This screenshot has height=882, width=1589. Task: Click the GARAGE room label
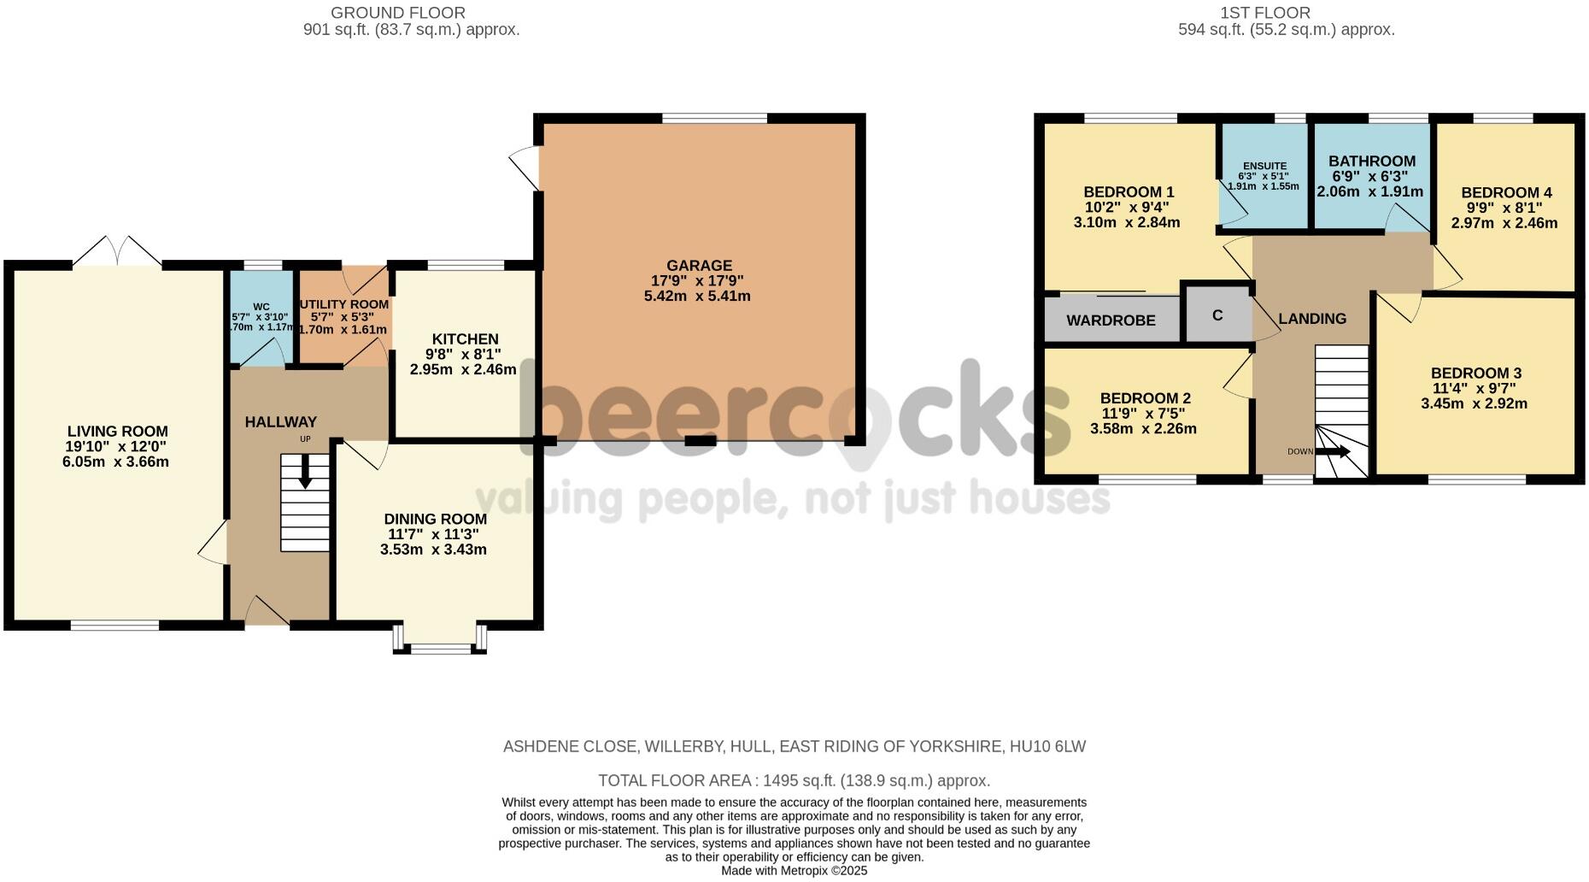point(699,266)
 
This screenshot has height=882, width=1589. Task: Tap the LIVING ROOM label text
point(118,432)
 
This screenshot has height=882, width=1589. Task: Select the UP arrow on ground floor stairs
point(305,473)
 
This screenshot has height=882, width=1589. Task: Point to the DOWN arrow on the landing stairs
point(1332,451)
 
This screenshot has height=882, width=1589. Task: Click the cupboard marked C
point(1217,315)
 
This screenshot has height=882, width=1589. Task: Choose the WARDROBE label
point(1111,320)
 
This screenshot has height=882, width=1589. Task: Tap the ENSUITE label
point(1264,166)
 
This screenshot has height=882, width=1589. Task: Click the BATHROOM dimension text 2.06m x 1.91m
point(1369,191)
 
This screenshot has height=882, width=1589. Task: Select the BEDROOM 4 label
point(1506,193)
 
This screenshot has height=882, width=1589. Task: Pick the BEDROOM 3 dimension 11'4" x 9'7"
point(1475,388)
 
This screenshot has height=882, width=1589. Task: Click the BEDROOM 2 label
point(1145,398)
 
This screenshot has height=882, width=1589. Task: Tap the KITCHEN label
point(465,339)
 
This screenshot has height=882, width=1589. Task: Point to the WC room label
point(261,307)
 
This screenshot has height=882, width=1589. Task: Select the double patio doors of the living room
point(118,253)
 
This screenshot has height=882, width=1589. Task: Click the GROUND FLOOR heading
point(397,13)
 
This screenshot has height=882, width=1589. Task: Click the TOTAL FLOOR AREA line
point(794,780)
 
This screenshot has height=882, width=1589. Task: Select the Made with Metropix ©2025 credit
point(794,871)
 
